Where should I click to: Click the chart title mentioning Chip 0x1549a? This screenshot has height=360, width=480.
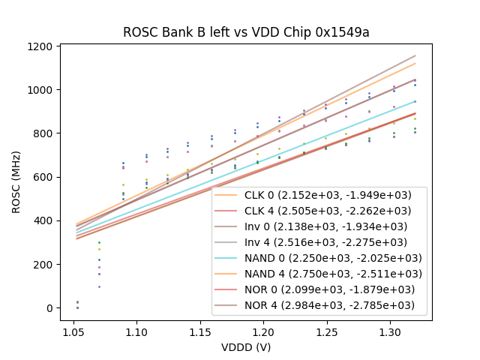(246, 32)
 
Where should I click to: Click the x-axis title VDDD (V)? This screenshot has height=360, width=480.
(246, 347)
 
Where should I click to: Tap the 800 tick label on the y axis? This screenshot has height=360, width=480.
(42, 133)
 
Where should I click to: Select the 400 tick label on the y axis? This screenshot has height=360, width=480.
(42, 221)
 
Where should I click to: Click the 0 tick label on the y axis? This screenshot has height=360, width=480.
(49, 308)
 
